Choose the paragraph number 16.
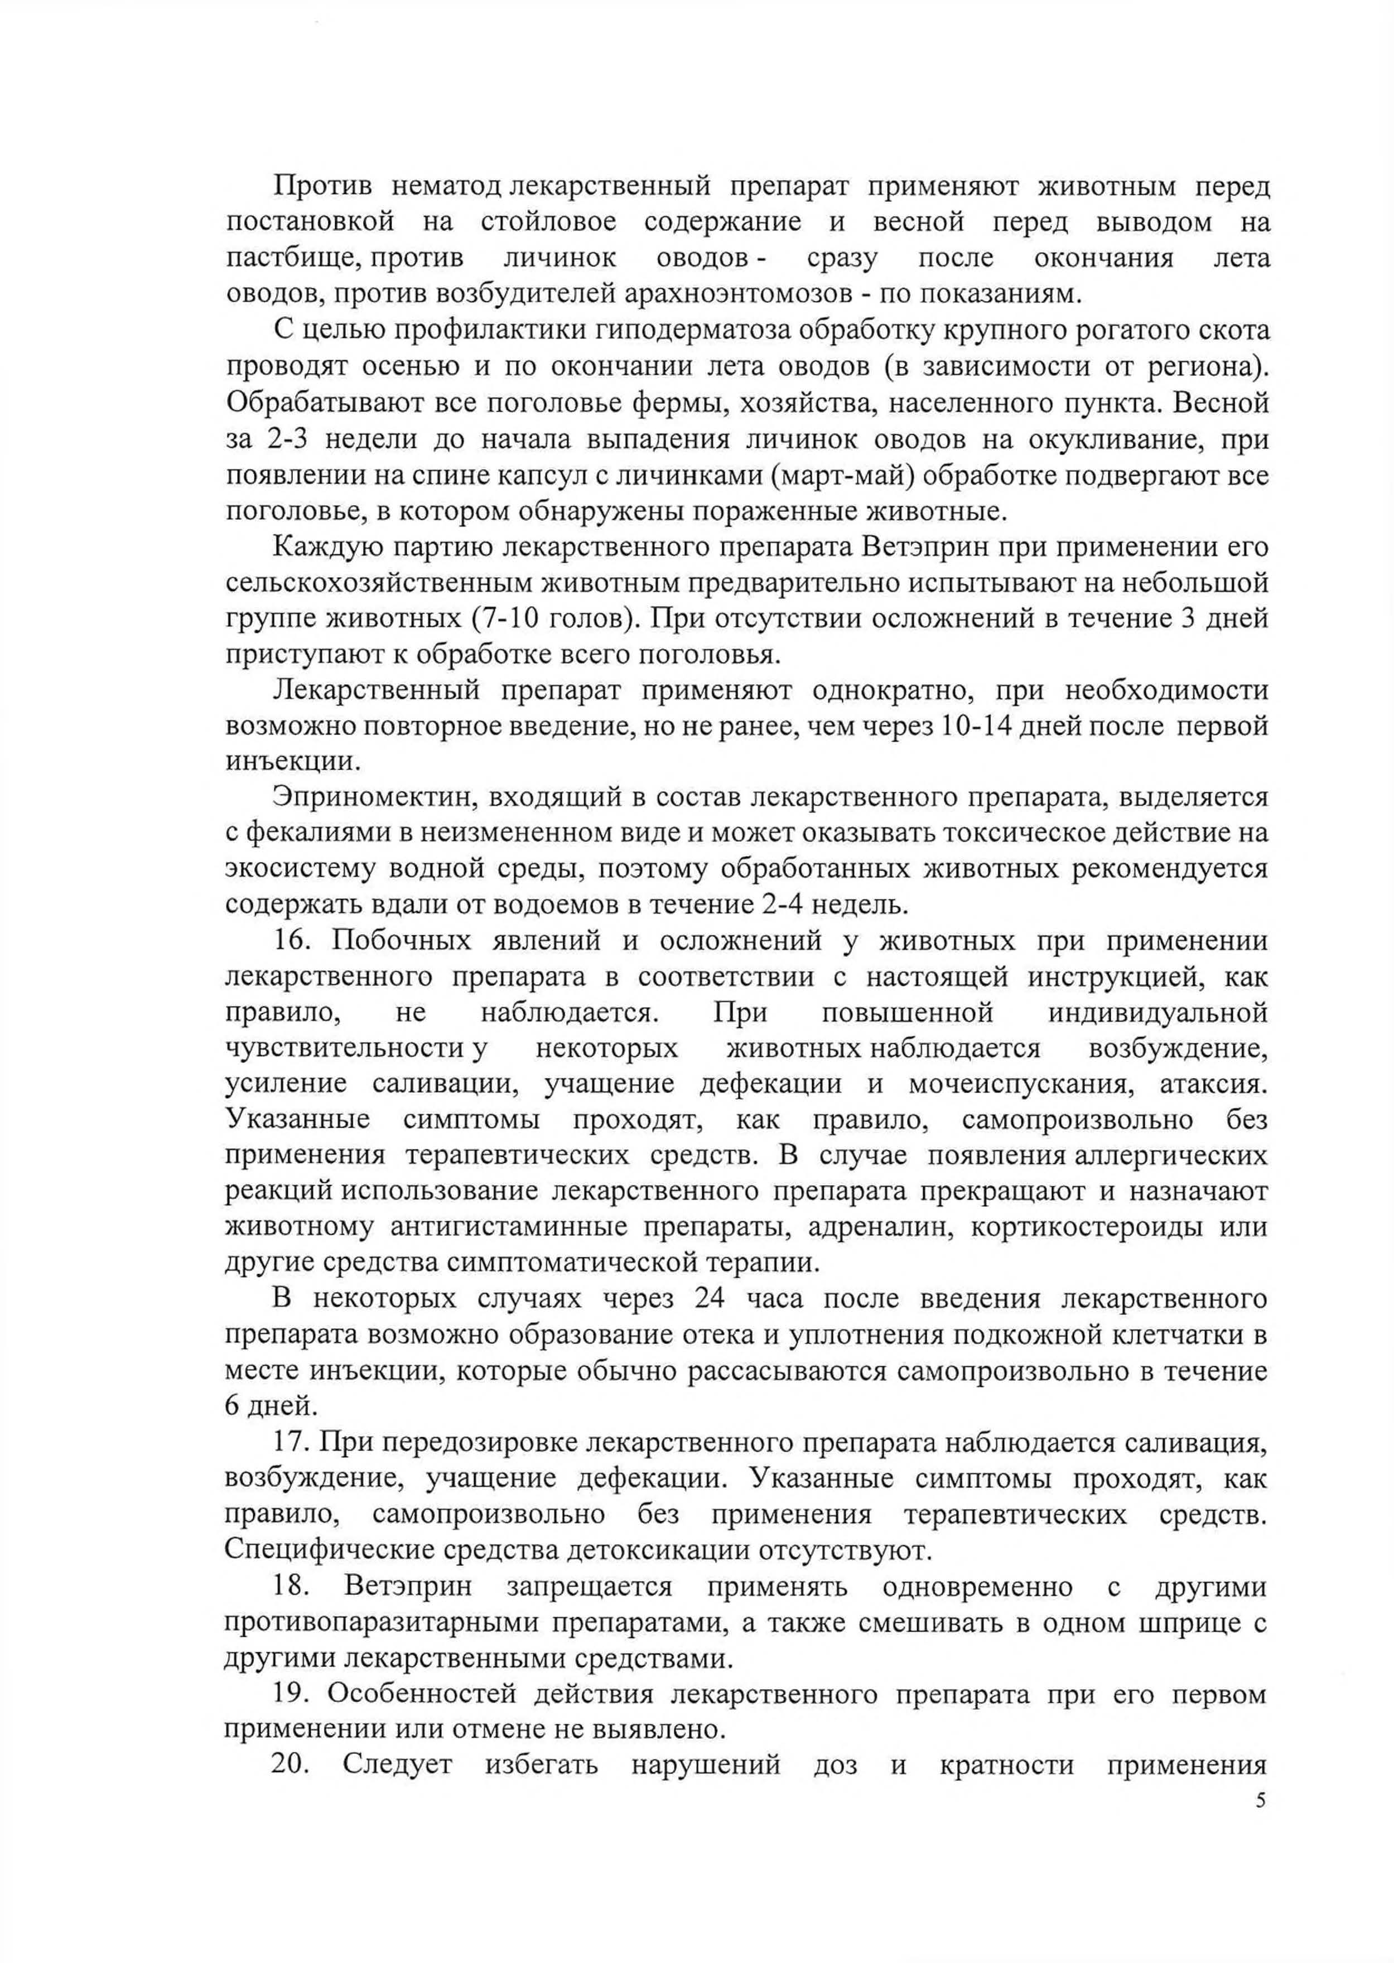coord(291,940)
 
